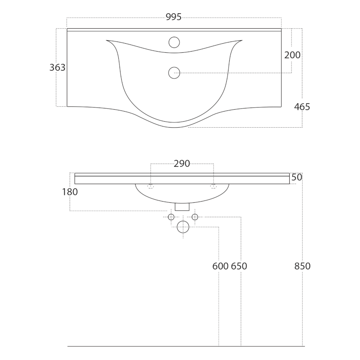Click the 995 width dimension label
pos(174,17)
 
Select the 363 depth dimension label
pos(57,68)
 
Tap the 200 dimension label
pos(292,55)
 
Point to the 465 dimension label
pos(302,107)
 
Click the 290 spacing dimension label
pos(182,164)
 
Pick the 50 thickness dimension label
pos(297,177)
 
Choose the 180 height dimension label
pos(70,192)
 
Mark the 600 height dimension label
pos(220,266)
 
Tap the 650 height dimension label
pos(239,266)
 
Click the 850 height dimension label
pos(302,266)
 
